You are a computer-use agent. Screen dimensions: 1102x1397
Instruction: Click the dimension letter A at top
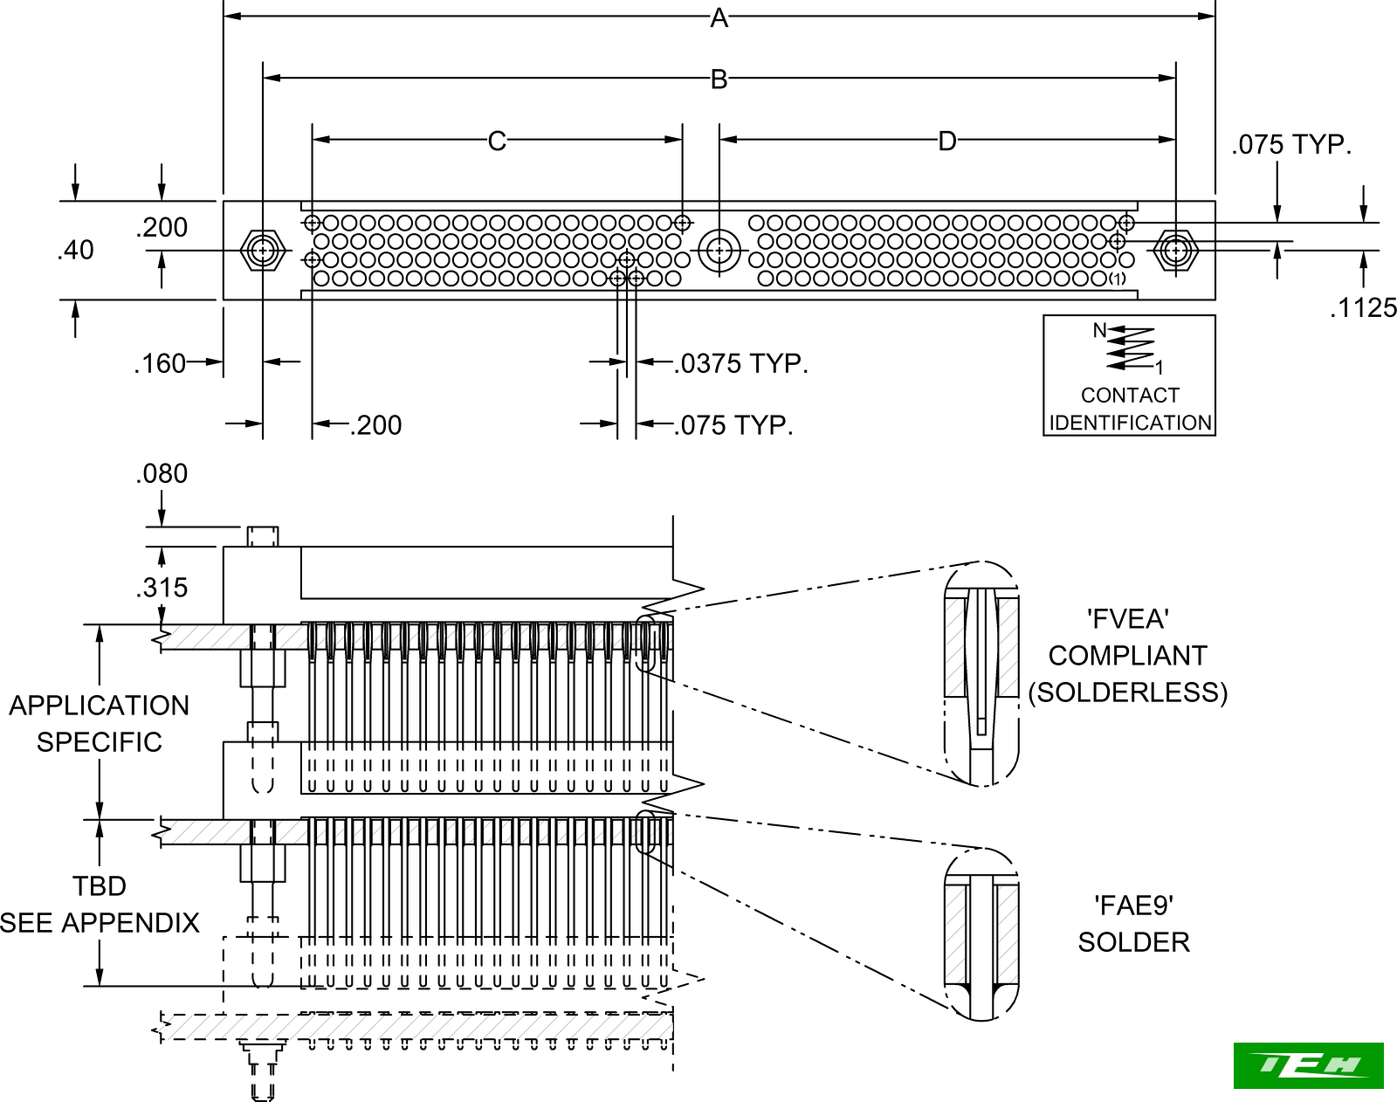(x=719, y=17)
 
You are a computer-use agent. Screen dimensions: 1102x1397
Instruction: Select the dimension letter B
(x=719, y=79)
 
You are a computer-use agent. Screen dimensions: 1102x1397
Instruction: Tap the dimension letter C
(x=497, y=141)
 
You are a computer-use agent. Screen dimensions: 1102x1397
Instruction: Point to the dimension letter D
(x=947, y=141)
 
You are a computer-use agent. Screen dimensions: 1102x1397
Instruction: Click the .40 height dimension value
(x=76, y=251)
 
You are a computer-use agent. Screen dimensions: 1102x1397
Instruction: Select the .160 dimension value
(x=160, y=363)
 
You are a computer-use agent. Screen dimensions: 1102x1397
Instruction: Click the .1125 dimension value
(x=1363, y=307)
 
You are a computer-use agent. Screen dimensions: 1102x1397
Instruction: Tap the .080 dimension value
(x=162, y=473)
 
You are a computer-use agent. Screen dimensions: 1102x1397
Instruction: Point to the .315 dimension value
(x=162, y=588)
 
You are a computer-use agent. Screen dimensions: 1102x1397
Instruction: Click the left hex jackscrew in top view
(x=262, y=251)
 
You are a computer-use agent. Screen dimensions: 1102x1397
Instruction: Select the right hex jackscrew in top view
(x=1175, y=251)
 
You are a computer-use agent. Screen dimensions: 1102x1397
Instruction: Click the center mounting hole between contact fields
(x=719, y=251)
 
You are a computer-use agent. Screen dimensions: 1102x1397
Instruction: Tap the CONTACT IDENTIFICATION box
(x=1129, y=375)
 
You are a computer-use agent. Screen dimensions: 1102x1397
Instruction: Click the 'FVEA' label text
(x=1127, y=619)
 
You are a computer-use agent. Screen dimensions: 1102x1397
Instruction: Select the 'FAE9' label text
(x=1133, y=906)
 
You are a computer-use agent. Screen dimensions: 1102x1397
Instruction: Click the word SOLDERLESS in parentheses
(x=1127, y=692)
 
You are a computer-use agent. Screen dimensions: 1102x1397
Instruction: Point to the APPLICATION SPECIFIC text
(x=99, y=723)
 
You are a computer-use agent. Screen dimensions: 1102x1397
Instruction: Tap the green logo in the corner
(x=1308, y=1065)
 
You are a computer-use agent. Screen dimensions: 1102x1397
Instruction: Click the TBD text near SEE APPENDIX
(x=100, y=886)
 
